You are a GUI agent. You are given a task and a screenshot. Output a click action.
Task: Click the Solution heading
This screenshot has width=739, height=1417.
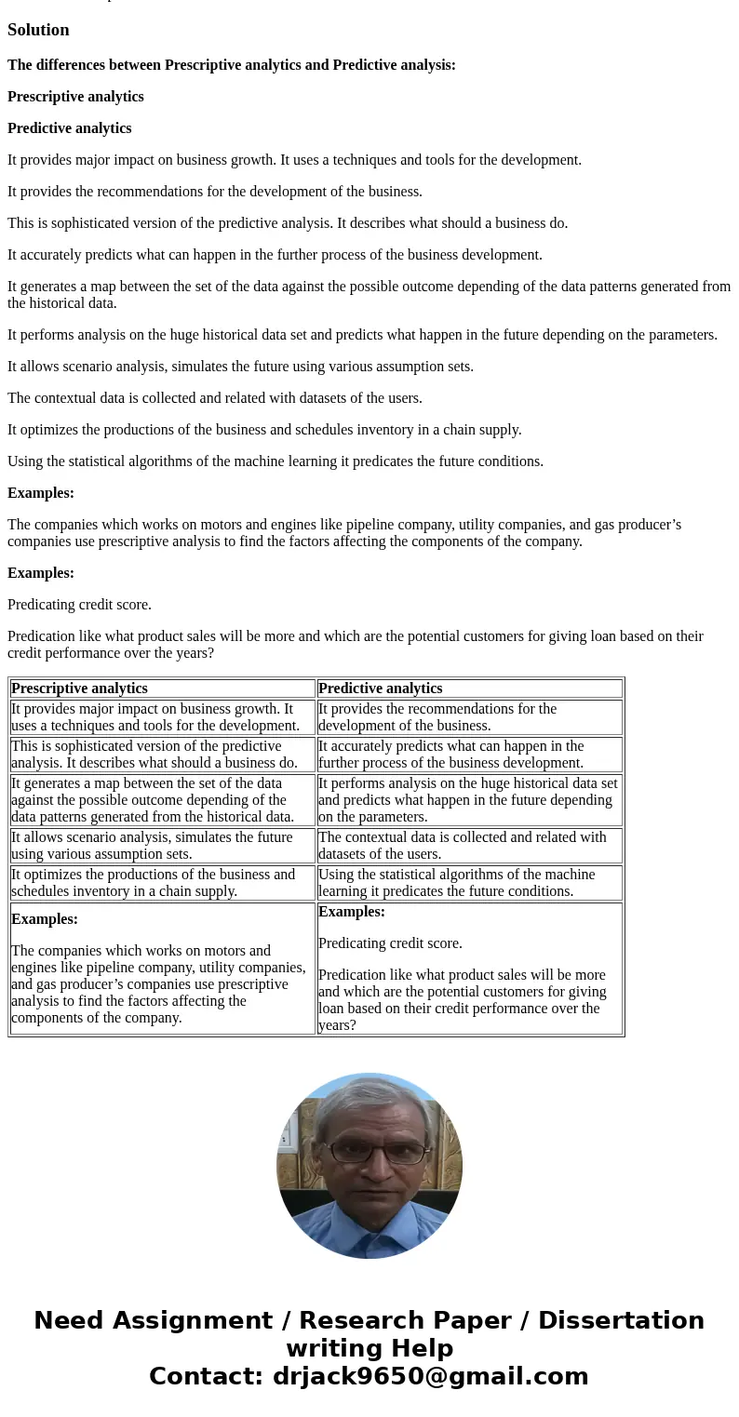[38, 30]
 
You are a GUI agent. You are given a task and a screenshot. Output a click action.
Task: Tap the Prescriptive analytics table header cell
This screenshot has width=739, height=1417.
[162, 688]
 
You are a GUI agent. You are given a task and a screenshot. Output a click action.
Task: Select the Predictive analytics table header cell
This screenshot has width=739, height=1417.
[469, 688]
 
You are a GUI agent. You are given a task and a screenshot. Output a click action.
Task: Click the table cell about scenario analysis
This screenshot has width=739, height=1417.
[162, 846]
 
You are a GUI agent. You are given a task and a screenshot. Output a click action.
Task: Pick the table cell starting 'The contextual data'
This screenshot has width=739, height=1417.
[469, 846]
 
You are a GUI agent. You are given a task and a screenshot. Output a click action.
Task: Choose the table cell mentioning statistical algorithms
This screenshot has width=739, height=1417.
[469, 883]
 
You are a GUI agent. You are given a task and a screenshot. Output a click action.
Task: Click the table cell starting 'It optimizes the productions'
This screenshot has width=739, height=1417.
[162, 883]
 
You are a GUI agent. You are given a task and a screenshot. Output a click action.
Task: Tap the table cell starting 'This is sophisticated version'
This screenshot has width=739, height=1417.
[162, 755]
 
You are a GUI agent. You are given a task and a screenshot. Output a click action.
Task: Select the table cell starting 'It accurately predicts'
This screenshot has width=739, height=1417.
[469, 755]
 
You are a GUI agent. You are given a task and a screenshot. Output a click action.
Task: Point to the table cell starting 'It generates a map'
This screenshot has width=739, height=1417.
[162, 800]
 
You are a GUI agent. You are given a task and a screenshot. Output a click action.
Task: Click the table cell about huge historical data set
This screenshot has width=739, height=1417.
[469, 800]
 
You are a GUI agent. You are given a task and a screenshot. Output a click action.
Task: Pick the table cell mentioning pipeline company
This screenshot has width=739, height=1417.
[162, 969]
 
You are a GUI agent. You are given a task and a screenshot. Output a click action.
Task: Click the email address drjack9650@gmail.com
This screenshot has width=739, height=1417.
[430, 1376]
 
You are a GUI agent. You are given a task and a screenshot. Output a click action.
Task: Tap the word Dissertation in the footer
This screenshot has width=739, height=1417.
[621, 1320]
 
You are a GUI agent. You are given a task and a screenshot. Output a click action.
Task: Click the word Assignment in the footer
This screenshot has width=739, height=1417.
[153, 1320]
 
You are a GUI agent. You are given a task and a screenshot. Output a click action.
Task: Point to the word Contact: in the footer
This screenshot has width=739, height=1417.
[207, 1376]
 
